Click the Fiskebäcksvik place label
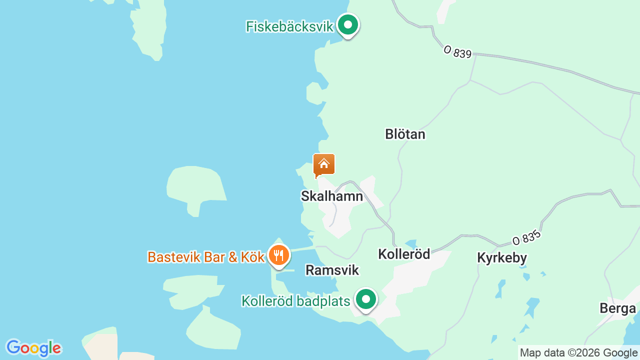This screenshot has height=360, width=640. (x=289, y=26)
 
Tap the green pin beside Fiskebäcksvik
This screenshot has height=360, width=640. (x=347, y=24)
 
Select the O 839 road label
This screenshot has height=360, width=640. (x=457, y=52)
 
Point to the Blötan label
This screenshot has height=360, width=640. (x=405, y=134)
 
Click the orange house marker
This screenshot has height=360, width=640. (x=324, y=164)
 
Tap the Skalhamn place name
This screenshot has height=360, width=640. (x=332, y=196)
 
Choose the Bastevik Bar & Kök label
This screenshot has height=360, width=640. (x=205, y=257)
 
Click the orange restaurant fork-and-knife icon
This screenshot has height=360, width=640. (x=279, y=255)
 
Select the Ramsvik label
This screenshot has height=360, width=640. (x=332, y=270)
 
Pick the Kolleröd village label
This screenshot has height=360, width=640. (x=404, y=254)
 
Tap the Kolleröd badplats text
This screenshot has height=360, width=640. (x=295, y=301)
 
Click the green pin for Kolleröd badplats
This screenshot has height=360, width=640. (x=366, y=299)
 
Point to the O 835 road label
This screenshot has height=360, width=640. (x=527, y=237)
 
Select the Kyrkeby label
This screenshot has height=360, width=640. (x=502, y=258)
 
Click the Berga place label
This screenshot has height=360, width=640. (x=617, y=308)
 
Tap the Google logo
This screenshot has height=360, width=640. (x=33, y=348)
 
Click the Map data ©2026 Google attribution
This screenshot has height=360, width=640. (x=579, y=353)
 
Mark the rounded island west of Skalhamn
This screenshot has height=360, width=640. (x=195, y=187)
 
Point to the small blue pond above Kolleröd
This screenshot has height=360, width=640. (x=411, y=243)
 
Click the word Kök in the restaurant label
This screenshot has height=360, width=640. (x=252, y=257)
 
